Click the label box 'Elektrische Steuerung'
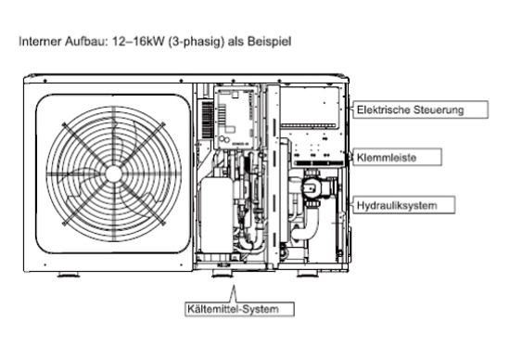[x=420, y=109]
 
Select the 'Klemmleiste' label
[x=397, y=157]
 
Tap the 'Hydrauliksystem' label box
[x=404, y=205]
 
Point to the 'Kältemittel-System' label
[x=240, y=309]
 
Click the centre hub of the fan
[x=114, y=174]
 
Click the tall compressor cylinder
[x=217, y=215]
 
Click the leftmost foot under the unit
[x=69, y=275]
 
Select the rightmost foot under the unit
[x=308, y=274]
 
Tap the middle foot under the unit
[x=223, y=275]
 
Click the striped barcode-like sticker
[x=208, y=120]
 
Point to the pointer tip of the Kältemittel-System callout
[x=234, y=286]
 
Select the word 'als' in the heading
[x=236, y=42]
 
